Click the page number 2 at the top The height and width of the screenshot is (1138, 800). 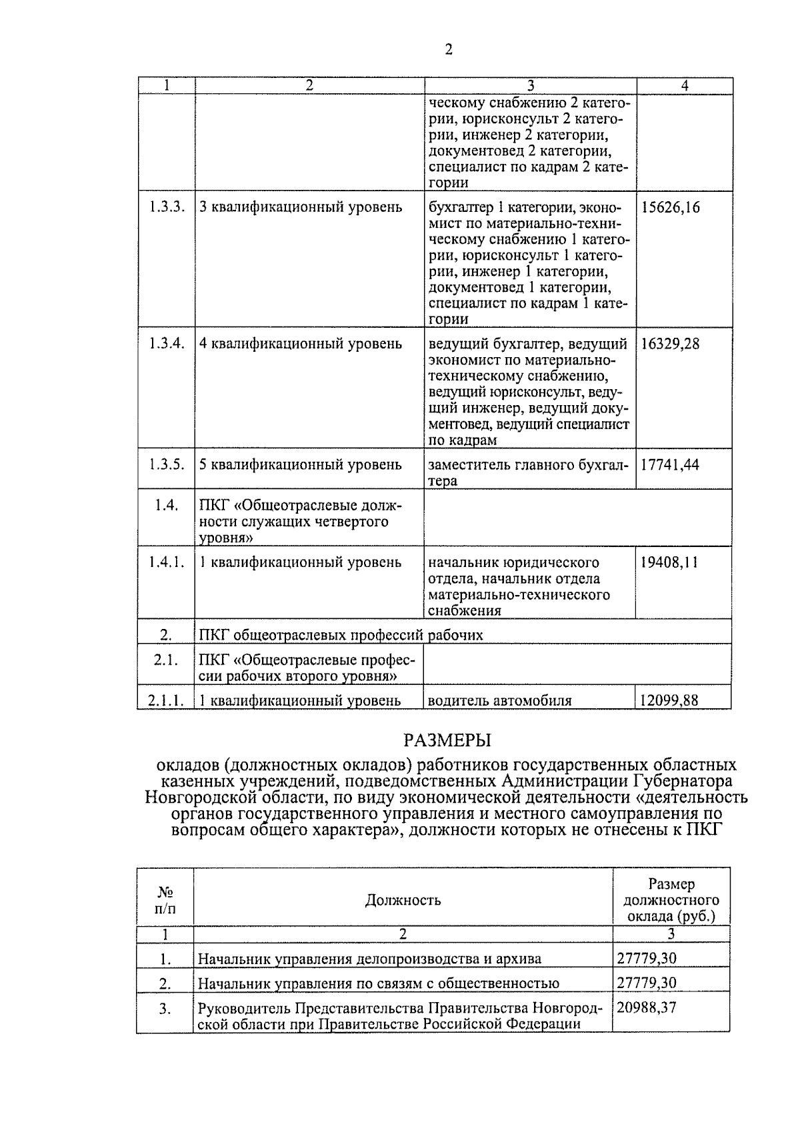[448, 50]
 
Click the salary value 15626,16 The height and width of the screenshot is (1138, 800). [671, 207]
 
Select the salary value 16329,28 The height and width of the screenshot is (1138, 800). [671, 344]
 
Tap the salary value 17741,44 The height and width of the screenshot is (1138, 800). [670, 465]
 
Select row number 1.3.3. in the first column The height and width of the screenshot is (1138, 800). [166, 207]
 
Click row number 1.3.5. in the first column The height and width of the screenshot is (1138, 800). [166, 465]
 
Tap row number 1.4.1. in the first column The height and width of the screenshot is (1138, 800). [166, 562]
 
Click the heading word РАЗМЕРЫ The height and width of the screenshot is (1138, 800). [447, 740]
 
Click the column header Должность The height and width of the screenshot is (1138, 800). [403, 901]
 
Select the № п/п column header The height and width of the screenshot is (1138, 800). [165, 901]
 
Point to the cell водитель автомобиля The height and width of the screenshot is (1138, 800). [499, 700]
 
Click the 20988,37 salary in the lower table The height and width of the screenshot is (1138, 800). [646, 1007]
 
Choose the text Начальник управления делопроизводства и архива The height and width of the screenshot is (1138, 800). [370, 959]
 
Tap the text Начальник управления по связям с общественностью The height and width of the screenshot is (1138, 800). [379, 983]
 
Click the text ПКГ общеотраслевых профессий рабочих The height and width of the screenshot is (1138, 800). [341, 635]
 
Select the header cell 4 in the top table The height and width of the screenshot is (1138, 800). [684, 86]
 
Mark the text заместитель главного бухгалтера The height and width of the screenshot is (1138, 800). [528, 472]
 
